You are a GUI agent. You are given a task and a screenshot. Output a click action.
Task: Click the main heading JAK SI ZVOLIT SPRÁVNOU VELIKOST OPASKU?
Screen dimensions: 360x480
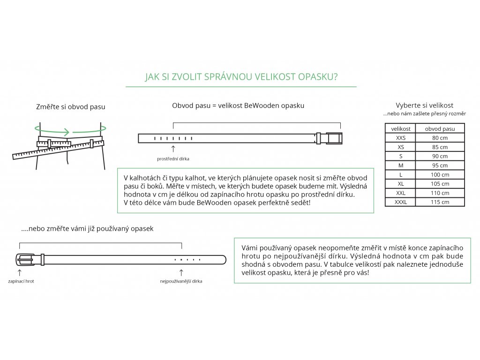coord(241,77)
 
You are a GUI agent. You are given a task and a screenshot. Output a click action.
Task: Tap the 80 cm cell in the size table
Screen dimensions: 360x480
coord(440,138)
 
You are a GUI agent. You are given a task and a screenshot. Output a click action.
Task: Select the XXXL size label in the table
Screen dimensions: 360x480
coord(401,202)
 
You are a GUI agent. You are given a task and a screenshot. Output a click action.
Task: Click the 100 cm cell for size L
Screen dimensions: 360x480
coord(440,174)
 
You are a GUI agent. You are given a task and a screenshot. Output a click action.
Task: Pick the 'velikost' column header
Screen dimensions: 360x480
coord(401,128)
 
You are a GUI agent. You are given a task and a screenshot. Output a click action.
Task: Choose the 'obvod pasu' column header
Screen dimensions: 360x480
coord(440,128)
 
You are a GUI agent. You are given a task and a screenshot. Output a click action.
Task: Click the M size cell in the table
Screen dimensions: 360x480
coord(401,165)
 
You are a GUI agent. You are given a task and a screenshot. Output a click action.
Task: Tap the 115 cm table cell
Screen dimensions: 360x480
coord(440,202)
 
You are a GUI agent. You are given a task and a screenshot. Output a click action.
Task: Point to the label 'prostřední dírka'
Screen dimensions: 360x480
coord(173,159)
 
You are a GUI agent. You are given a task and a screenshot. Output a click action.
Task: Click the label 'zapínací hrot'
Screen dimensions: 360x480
coord(21,281)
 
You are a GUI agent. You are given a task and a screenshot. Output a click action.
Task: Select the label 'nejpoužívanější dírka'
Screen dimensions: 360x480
coord(181,281)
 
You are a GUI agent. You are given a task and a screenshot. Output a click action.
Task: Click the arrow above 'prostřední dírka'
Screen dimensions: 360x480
coord(173,149)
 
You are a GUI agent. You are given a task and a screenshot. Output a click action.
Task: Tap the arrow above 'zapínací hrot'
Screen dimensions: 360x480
coord(19,272)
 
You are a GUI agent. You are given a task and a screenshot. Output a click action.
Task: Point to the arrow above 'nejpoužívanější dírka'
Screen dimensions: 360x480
coord(181,272)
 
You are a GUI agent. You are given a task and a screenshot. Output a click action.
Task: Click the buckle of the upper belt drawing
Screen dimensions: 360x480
coord(334,138)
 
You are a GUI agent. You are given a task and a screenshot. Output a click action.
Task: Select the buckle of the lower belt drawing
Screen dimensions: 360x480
coord(26,259)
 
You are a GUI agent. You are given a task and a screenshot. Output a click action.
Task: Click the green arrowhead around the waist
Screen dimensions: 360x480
coord(67,132)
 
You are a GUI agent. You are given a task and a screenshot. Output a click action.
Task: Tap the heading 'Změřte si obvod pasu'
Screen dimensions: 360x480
coord(71,107)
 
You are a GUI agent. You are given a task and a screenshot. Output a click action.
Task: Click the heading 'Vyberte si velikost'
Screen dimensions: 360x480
coord(424,105)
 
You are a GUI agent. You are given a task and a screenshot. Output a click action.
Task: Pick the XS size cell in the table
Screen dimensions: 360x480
coord(401,147)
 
